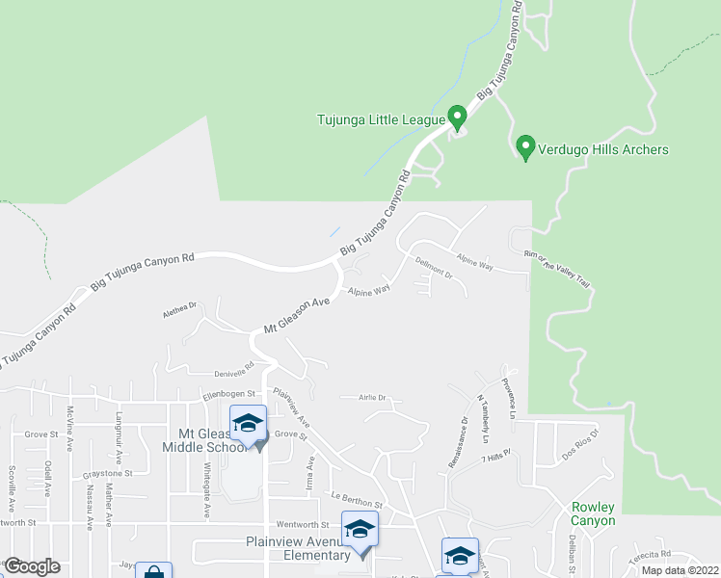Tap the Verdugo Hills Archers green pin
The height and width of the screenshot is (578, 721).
point(525,147)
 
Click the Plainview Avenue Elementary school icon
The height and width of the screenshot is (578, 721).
point(360,532)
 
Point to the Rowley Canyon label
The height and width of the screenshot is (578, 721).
point(592,513)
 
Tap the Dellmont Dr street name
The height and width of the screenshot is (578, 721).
point(434,269)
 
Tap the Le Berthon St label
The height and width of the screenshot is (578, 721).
point(357,502)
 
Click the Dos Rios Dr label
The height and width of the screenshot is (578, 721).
point(580,439)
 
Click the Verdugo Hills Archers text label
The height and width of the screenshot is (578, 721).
point(604,149)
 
